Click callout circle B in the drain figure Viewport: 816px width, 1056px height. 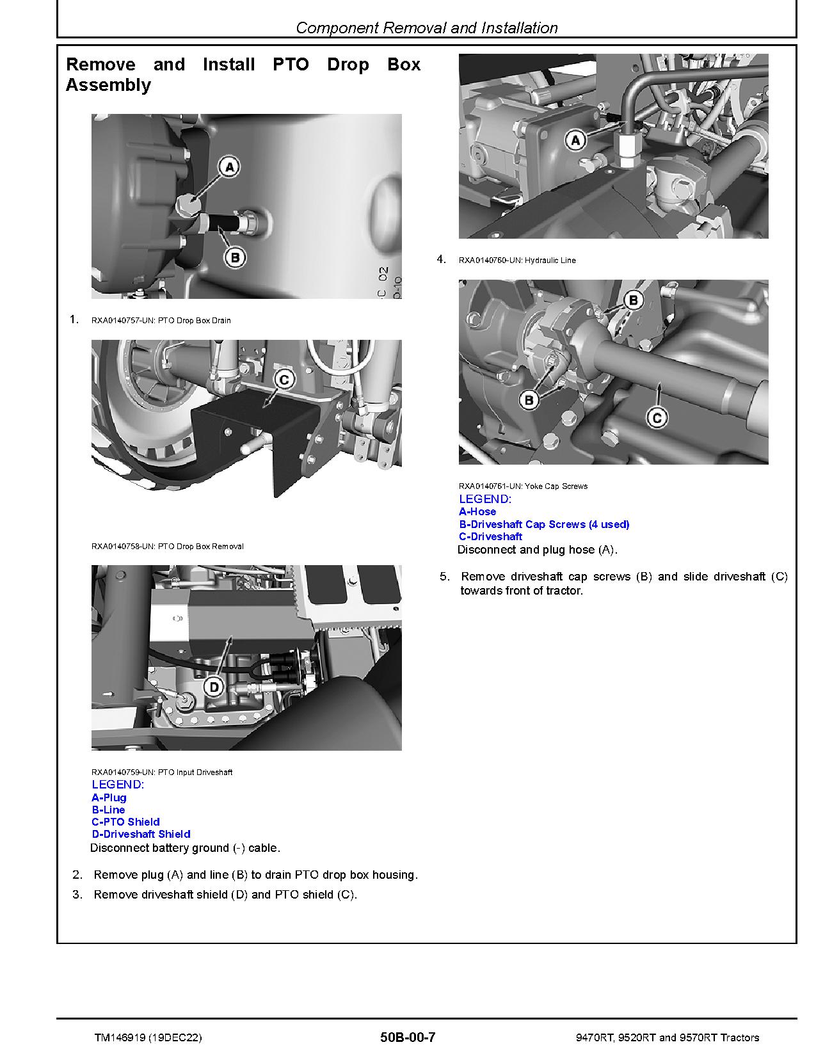[235, 258]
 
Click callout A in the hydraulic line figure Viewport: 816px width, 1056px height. [576, 140]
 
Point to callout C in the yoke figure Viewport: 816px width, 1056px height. [657, 419]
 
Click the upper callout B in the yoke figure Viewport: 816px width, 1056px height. [633, 300]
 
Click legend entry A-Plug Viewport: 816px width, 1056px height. [109, 797]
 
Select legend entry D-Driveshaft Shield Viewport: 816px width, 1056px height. [141, 834]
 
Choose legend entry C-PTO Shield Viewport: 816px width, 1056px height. [125, 822]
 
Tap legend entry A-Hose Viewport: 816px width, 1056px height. [477, 511]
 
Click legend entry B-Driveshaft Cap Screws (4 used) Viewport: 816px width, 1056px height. [544, 524]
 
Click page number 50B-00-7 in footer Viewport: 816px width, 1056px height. [407, 1037]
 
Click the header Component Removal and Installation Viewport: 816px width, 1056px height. [427, 28]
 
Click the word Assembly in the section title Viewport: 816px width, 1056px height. [108, 85]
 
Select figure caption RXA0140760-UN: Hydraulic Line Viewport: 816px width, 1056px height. [517, 260]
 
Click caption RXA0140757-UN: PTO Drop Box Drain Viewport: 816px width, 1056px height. [161, 320]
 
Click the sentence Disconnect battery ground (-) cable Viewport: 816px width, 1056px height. [185, 848]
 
